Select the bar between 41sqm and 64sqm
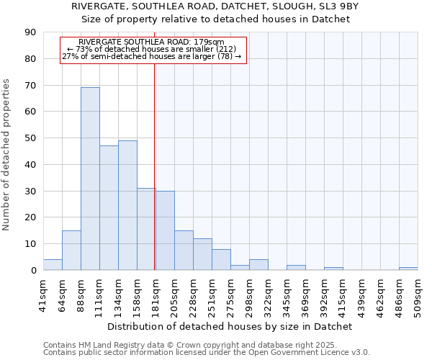click(53, 264)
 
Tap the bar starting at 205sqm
click(184, 250)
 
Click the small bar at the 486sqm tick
click(408, 269)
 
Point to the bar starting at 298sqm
click(258, 264)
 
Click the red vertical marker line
click(155, 166)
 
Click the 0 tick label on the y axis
click(33, 270)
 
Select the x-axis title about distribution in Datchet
click(227, 326)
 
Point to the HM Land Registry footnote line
click(181, 345)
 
